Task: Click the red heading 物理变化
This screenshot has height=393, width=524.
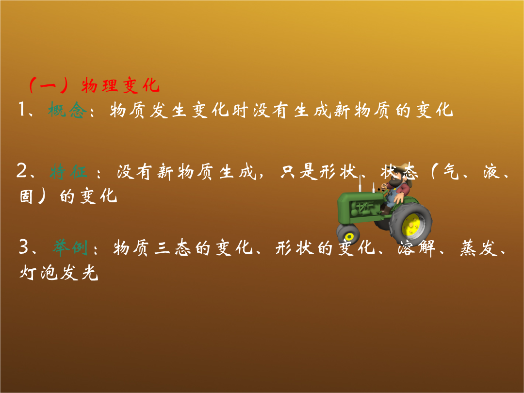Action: (121, 85)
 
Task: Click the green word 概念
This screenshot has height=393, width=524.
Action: (67, 110)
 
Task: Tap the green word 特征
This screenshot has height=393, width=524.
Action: (69, 172)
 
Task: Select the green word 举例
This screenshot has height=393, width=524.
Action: (70, 247)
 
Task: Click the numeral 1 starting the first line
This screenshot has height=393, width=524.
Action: (22, 109)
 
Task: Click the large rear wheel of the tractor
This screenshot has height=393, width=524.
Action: (411, 223)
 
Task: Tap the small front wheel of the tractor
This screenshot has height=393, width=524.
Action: (348, 235)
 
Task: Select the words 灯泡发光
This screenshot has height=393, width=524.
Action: (59, 272)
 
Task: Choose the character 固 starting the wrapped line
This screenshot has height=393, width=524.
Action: (26, 196)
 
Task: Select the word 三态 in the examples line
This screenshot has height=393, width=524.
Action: (173, 247)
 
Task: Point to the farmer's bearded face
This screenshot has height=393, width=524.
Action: (396, 181)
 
